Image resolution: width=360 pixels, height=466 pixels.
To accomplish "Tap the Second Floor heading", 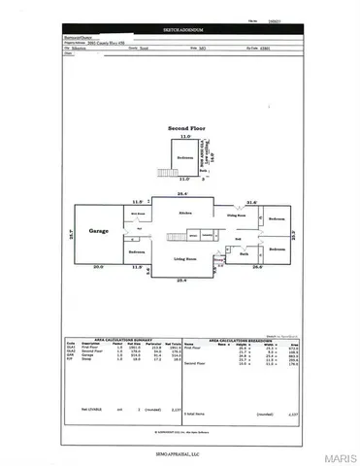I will click(x=185, y=127).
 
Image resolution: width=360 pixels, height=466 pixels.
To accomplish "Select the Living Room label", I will click(x=185, y=259).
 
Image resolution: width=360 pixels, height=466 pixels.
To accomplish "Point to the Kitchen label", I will click(x=185, y=211).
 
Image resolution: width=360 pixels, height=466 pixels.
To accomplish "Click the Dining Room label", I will click(x=239, y=216).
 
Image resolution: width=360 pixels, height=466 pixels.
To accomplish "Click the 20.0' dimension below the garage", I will click(x=97, y=266).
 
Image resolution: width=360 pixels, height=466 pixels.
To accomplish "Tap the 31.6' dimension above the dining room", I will click(x=252, y=202).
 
